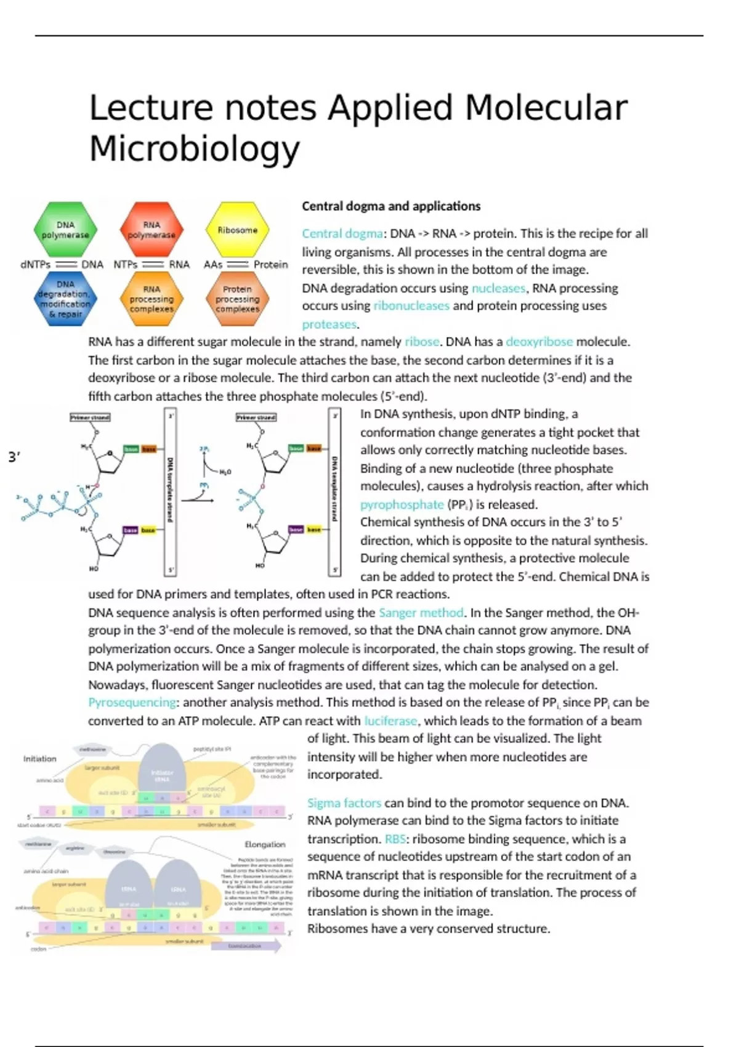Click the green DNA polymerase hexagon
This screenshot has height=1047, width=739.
pyautogui.click(x=65, y=230)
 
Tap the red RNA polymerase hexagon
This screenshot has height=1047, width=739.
pyautogui.click(x=151, y=230)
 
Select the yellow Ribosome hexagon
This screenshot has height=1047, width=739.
pyautogui.click(x=237, y=230)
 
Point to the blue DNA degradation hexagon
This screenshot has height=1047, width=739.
pyautogui.click(x=65, y=299)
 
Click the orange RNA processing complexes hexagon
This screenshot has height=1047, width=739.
pyautogui.click(x=151, y=299)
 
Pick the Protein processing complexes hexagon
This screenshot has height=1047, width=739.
pyautogui.click(x=237, y=299)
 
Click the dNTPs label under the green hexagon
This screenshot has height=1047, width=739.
pyautogui.click(x=35, y=265)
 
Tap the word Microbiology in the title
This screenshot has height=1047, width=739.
pyautogui.click(x=195, y=148)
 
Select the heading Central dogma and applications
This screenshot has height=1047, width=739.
pyautogui.click(x=391, y=206)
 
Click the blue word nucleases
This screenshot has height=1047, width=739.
pyautogui.click(x=499, y=288)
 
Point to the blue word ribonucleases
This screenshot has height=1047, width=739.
pyautogui.click(x=411, y=306)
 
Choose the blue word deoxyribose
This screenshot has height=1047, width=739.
pyautogui.click(x=539, y=342)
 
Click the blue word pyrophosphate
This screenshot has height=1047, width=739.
pyautogui.click(x=402, y=505)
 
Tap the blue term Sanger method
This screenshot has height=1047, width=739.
pyautogui.click(x=421, y=613)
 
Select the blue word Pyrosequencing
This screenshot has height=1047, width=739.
pyautogui.click(x=132, y=703)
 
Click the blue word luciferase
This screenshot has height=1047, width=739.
pyautogui.click(x=390, y=721)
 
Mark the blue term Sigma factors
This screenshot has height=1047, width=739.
pyautogui.click(x=344, y=803)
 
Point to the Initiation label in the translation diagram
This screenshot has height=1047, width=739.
pyautogui.click(x=40, y=759)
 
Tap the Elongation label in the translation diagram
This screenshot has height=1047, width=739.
pyautogui.click(x=265, y=844)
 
